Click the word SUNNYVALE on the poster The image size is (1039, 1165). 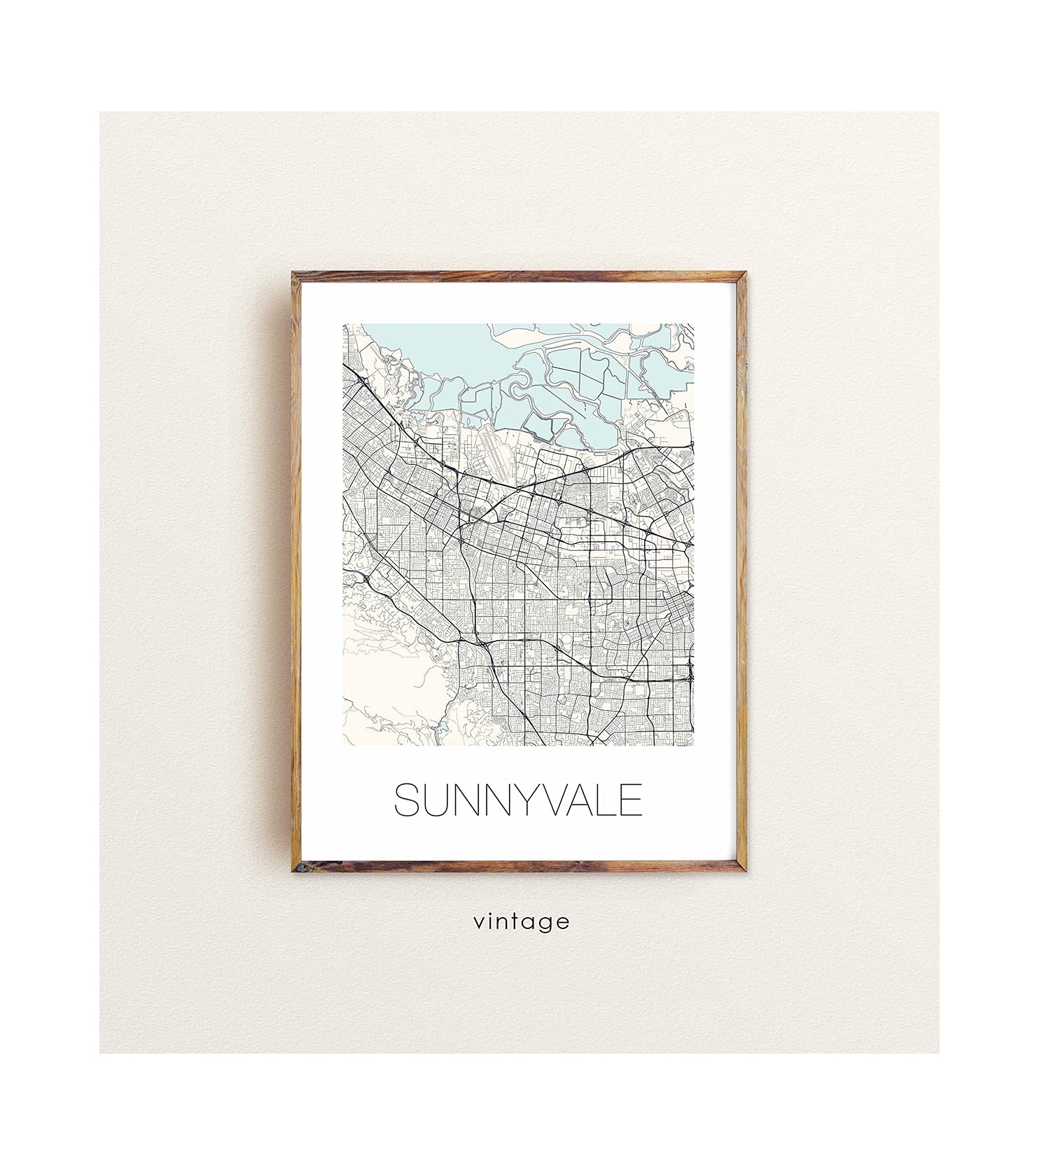point(518,800)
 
